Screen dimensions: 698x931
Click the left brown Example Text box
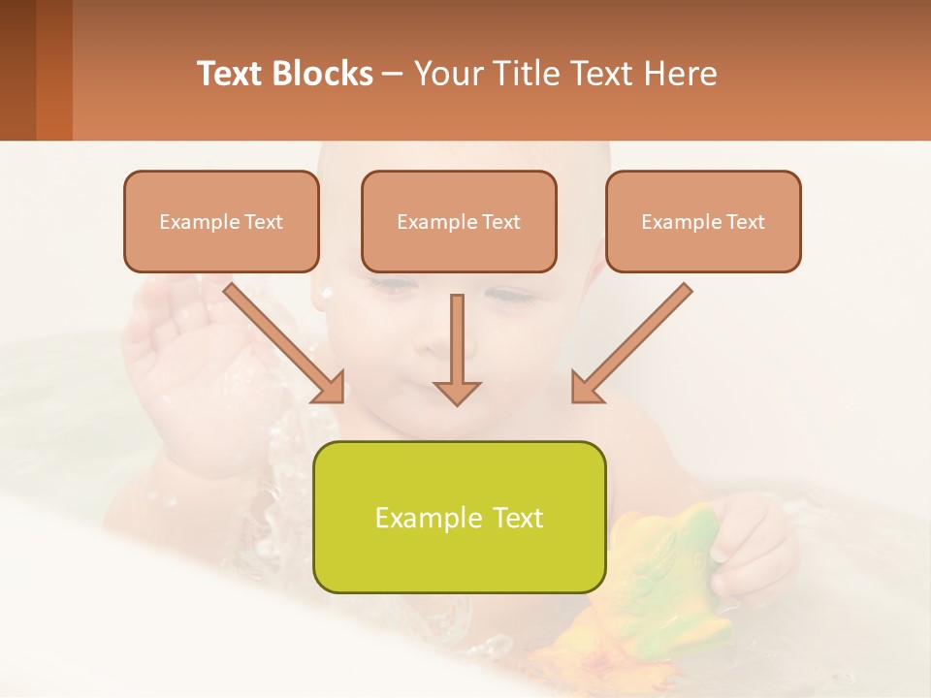[221, 221]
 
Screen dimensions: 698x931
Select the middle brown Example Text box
[459, 221]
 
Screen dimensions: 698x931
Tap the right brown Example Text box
[703, 221]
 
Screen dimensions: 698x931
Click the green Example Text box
[459, 517]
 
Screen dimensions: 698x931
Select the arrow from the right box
[631, 343]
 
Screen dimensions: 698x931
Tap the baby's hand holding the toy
[752, 543]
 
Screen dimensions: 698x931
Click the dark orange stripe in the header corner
[54, 70]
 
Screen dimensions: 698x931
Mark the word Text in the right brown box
[745, 221]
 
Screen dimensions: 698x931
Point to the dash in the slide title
[393, 74]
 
